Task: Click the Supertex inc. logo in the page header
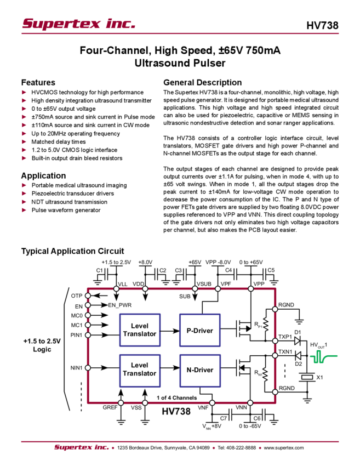(79, 24)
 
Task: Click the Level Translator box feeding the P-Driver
(140, 330)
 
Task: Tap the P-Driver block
(200, 330)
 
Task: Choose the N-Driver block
(200, 370)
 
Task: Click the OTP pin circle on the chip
(88, 295)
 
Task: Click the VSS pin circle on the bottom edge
(145, 400)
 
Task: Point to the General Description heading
(202, 83)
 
